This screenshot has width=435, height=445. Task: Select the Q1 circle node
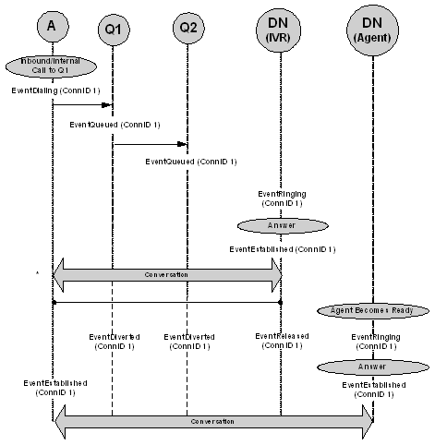pyautogui.click(x=112, y=30)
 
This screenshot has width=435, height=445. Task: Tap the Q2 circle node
pyautogui.click(x=187, y=30)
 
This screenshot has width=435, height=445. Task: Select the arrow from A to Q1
pyautogui.click(x=83, y=105)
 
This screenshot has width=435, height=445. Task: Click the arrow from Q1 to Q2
pyautogui.click(x=150, y=143)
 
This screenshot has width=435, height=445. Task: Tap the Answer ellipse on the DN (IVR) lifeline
pyautogui.click(x=280, y=224)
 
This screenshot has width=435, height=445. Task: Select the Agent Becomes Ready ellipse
pyautogui.click(x=372, y=311)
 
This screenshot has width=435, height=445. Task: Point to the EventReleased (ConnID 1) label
pyautogui.click(x=280, y=342)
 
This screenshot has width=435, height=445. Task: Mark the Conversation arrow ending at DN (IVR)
pyautogui.click(x=167, y=274)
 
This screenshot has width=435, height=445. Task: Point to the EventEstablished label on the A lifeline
pyautogui.click(x=54, y=387)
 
